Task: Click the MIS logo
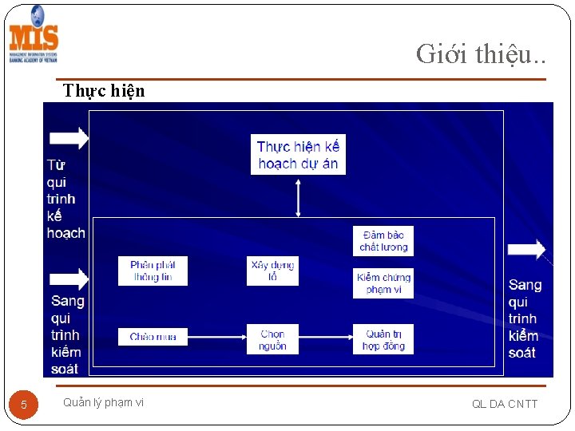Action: [x=34, y=35]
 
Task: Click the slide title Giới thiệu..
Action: [x=481, y=53]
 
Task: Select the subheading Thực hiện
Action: [x=104, y=90]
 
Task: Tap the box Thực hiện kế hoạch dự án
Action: [x=298, y=155]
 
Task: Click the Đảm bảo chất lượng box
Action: [x=383, y=241]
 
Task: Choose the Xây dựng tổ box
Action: [x=272, y=271]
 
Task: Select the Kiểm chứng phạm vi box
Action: [x=383, y=283]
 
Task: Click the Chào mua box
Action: [x=153, y=337]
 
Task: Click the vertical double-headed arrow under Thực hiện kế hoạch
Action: [x=298, y=197]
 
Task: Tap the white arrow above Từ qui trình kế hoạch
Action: [x=70, y=137]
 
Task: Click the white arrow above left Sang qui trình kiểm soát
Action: [x=70, y=279]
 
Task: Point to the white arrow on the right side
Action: [x=526, y=250]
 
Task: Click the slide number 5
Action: [x=24, y=405]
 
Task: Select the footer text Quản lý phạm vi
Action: [x=103, y=402]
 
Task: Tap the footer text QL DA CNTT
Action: [x=505, y=404]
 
